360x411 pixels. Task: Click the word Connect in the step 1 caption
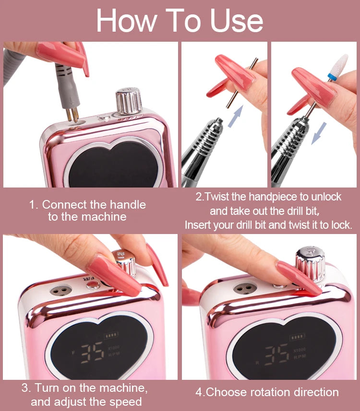pyautogui.click(x=62, y=205)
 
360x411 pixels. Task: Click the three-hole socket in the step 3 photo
pyautogui.click(x=60, y=291)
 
